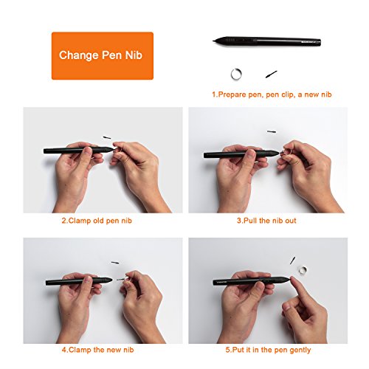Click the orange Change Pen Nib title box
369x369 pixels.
[x=103, y=55]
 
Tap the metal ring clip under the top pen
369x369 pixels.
[x=235, y=72]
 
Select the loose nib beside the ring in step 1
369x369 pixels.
[x=270, y=74]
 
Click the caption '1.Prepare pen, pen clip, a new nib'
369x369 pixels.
[x=266, y=94]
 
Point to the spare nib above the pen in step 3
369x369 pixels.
[x=271, y=132]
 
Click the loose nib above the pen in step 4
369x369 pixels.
[x=114, y=262]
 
